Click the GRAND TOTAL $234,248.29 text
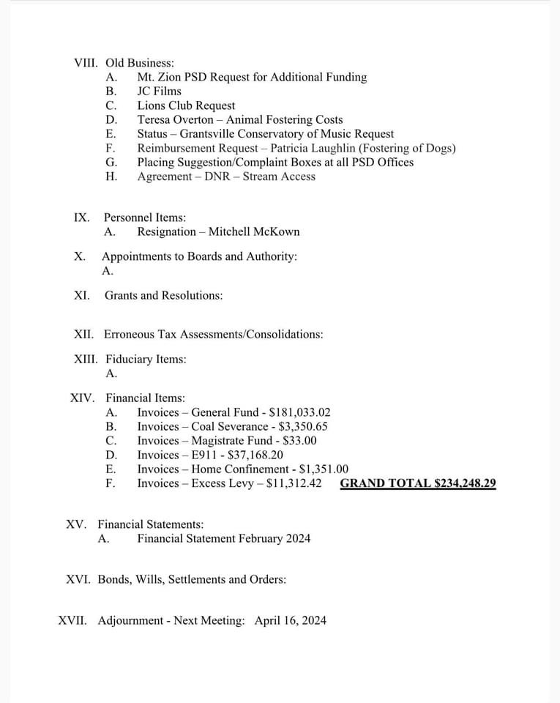point(418,483)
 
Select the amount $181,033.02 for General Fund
point(300,412)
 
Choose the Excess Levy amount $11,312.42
point(294,483)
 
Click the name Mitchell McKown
point(254,231)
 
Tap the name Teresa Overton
point(176,119)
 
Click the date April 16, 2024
point(291,620)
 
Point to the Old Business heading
point(140,63)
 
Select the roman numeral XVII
point(72,620)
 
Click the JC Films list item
point(159,91)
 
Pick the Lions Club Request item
point(186,105)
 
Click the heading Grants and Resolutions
point(163,295)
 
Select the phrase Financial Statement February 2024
point(223,538)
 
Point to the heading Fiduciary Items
point(146,359)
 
